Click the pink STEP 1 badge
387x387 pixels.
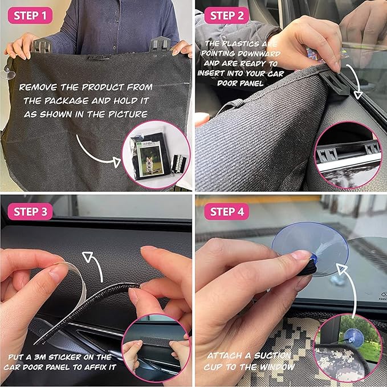coord(30,15)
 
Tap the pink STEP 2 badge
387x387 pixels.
coord(227,15)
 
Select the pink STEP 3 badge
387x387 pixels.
coord(30,211)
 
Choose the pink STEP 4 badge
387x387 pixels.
coord(227,211)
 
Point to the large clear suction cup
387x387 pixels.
coord(310,247)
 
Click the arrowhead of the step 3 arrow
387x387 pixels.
coord(88,256)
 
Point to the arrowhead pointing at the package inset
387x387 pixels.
coord(116,162)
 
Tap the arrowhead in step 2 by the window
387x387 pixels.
coord(358,95)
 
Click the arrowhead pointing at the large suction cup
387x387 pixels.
coord(342,269)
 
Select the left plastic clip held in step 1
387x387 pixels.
coord(41,46)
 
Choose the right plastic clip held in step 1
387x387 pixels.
coord(160,44)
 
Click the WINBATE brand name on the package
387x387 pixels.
coord(149,143)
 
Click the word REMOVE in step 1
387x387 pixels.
coord(38,87)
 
